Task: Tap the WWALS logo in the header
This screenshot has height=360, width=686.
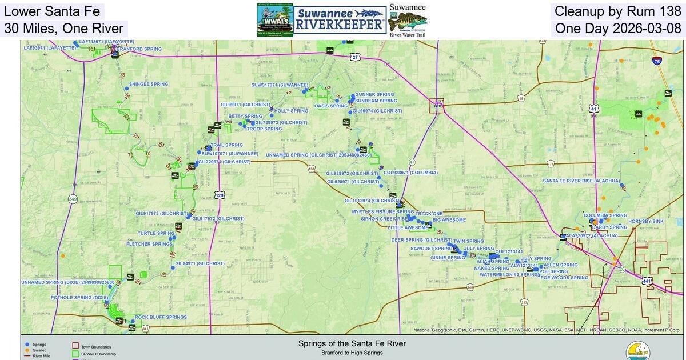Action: tap(276, 21)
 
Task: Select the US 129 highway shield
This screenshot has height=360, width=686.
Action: tap(220, 195)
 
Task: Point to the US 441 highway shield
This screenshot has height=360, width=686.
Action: tap(647, 281)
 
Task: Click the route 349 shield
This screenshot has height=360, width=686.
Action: tap(72, 199)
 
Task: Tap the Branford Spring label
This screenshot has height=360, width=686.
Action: tap(139, 49)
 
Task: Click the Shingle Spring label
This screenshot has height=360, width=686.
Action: tap(149, 84)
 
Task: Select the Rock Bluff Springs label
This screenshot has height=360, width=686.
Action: tap(161, 317)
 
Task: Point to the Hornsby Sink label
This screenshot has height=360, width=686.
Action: tap(645, 221)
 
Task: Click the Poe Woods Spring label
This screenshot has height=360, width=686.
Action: tap(564, 278)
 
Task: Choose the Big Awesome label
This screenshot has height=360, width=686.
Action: tap(449, 220)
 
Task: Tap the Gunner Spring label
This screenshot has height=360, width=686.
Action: tap(374, 94)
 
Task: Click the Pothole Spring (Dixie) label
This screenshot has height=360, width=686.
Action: tap(79, 298)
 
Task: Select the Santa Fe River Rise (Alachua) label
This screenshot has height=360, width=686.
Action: tap(581, 181)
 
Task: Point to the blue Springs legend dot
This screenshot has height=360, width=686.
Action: tap(27, 345)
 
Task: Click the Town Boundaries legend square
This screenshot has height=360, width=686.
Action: tap(75, 346)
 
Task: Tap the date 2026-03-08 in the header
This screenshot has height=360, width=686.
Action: tap(653, 29)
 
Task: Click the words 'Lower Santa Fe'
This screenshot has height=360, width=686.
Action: tap(52, 11)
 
